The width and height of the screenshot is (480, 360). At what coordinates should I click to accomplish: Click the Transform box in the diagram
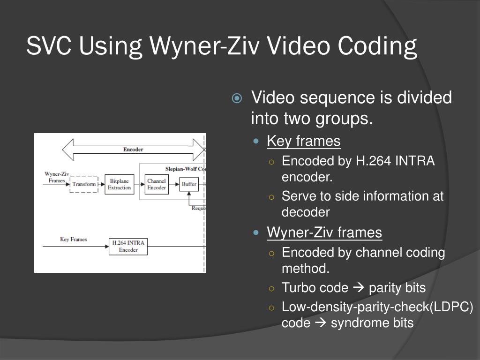(x=84, y=184)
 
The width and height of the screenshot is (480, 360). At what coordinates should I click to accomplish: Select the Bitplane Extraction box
(x=119, y=184)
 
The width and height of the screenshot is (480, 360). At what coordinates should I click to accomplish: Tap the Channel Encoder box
(x=156, y=184)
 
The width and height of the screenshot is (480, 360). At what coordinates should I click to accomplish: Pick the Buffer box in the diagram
(x=189, y=184)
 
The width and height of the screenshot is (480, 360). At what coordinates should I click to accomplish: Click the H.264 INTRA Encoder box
(x=128, y=247)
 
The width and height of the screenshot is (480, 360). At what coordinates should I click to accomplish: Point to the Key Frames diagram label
(x=74, y=240)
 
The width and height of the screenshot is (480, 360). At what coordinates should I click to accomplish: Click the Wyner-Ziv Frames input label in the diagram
(x=57, y=177)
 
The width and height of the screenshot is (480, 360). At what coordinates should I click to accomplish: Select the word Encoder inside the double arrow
(x=133, y=150)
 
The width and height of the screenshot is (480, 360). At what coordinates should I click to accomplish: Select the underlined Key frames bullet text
(x=303, y=141)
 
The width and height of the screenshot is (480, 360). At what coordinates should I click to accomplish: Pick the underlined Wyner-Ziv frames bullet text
(x=324, y=232)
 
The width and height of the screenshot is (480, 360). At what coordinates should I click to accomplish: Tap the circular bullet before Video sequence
(x=237, y=98)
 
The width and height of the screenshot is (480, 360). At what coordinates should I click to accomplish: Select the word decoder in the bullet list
(x=306, y=212)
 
